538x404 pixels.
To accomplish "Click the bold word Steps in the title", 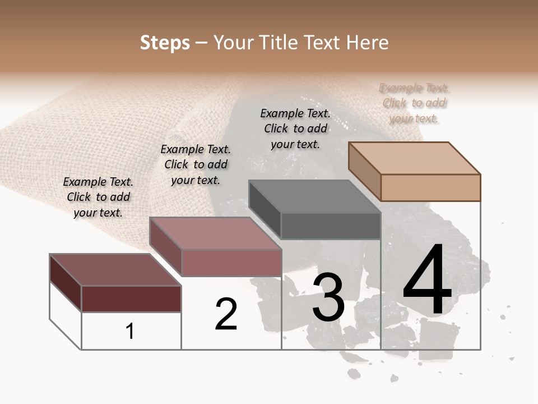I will coord(165,43).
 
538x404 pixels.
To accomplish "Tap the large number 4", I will coord(428,281).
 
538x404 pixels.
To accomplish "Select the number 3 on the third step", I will coord(328,297).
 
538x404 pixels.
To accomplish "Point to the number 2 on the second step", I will coord(226,314).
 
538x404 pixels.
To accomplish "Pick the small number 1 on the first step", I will coord(130,332).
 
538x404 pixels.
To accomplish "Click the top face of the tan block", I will coord(414,158).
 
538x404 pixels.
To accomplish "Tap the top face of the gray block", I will coord(314,196).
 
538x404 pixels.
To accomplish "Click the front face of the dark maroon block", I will coord(131,299).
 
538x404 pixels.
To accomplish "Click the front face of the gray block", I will coord(331,226).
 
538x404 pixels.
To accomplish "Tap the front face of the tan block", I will coord(430,187).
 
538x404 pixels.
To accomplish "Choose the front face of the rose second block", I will coord(231,263).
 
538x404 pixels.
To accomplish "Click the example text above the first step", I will coord(98,197).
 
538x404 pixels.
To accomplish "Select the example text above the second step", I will coord(196,164).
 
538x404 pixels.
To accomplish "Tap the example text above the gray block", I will coord(295,128).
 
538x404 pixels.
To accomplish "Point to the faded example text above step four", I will coord(414,103).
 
